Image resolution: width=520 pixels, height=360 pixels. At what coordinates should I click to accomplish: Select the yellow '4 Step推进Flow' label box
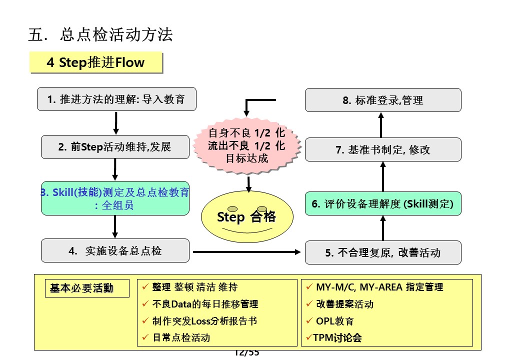click(95, 62)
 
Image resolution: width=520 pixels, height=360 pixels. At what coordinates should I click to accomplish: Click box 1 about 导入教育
click(116, 99)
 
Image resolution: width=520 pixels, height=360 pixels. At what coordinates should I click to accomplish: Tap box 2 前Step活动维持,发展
click(115, 147)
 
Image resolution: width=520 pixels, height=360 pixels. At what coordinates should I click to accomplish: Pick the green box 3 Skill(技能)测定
click(115, 198)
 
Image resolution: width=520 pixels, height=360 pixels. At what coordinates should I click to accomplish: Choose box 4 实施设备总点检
click(115, 250)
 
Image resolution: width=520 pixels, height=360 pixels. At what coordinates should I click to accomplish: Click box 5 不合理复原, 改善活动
click(383, 252)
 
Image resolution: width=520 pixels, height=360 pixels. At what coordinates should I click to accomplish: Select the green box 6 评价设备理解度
click(383, 204)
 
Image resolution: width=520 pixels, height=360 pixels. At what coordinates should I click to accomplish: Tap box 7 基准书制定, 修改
click(383, 150)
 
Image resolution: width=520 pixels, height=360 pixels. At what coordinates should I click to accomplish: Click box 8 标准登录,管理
click(383, 100)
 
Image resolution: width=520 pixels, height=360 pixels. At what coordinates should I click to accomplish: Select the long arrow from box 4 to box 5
click(247, 252)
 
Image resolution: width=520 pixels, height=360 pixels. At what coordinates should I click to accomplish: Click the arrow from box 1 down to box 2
click(116, 123)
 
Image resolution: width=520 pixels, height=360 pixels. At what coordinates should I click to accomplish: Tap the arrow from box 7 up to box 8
click(381, 125)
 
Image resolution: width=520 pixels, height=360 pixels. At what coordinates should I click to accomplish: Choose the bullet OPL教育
click(334, 321)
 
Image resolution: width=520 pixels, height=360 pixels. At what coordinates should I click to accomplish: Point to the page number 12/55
click(247, 353)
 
